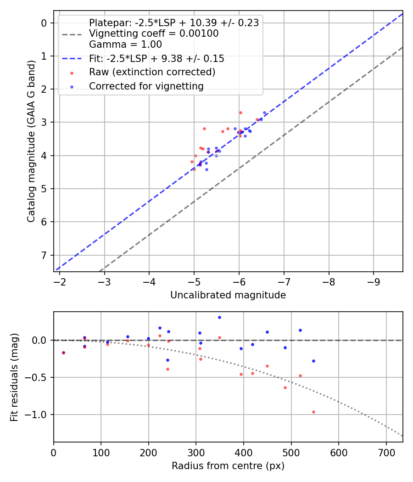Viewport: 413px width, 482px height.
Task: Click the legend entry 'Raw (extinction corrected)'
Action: tap(152, 72)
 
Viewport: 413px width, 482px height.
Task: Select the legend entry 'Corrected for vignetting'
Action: tap(146, 86)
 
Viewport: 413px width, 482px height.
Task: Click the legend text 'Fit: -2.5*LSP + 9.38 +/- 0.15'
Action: tap(156, 59)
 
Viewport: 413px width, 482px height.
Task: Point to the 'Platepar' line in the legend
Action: tap(173, 23)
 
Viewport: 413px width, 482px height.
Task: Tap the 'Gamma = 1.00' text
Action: tap(125, 45)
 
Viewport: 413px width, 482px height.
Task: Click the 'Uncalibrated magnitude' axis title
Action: tap(228, 295)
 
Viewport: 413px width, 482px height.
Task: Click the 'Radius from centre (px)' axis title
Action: tap(228, 466)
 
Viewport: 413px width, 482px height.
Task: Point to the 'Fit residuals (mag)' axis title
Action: tap(15, 377)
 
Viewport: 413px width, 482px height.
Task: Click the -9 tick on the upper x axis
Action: tap(374, 281)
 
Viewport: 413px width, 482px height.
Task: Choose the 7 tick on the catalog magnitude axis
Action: tap(45, 255)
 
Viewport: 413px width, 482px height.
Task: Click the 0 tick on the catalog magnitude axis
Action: tap(45, 23)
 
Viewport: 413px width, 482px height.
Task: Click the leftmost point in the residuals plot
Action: tap(63, 353)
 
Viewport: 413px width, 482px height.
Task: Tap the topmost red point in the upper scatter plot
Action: tap(240, 112)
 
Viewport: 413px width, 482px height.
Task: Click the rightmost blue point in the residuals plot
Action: tap(313, 361)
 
